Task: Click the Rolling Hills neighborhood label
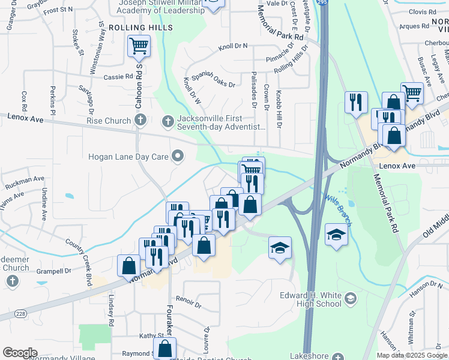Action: pyautogui.click(x=140, y=28)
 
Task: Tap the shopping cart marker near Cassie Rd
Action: pyautogui.click(x=139, y=46)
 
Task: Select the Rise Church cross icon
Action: pyautogui.click(x=140, y=121)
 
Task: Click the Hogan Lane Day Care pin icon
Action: pyautogui.click(x=177, y=157)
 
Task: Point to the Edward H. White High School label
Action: pyautogui.click(x=311, y=299)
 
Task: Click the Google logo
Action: pyautogui.click(x=20, y=353)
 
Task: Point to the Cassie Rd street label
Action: pyautogui.click(x=118, y=77)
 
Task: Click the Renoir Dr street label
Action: pyautogui.click(x=187, y=298)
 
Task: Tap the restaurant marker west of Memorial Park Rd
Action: pyautogui.click(x=356, y=103)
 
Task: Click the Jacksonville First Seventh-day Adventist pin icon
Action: pyautogui.click(x=169, y=119)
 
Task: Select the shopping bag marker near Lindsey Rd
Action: pyautogui.click(x=130, y=266)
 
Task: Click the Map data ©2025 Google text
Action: pyautogui.click(x=412, y=355)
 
